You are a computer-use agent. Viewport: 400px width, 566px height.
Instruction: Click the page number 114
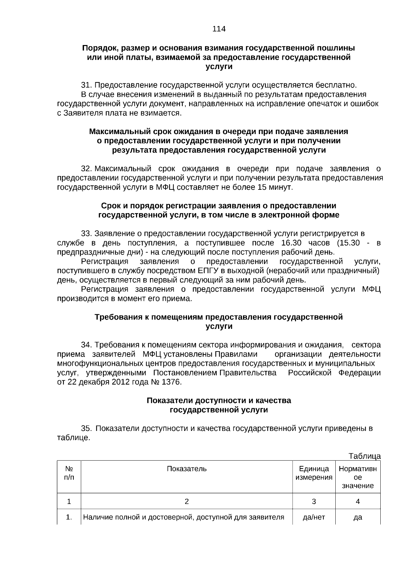pos(219,29)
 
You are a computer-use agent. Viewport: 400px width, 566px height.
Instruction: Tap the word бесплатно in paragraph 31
pos(338,85)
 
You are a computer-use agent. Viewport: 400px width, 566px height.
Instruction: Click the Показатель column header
pos(187,469)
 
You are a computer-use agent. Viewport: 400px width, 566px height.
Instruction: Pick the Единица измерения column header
pos(314,473)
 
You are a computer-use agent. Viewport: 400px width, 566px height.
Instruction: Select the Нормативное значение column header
pos(358,477)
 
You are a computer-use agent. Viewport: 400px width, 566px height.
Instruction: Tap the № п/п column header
pos(69,473)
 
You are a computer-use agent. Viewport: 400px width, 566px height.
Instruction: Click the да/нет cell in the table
pos(314,517)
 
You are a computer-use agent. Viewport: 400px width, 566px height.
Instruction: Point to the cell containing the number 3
pos(314,501)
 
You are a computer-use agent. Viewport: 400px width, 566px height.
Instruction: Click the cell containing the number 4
pos(358,501)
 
